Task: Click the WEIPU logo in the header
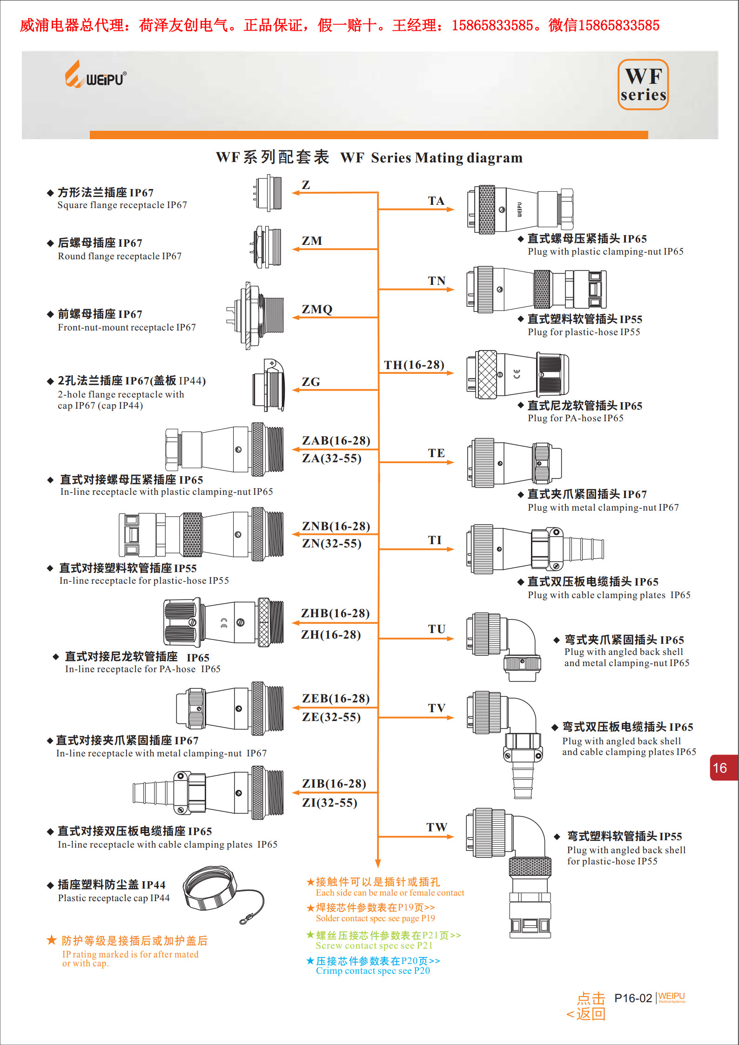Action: click(95, 75)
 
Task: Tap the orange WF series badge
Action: click(643, 85)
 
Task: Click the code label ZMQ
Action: click(317, 310)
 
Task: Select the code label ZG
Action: click(311, 382)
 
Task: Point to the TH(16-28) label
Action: click(414, 365)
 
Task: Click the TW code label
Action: click(437, 827)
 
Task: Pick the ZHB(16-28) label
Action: click(335, 614)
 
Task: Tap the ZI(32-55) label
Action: click(329, 803)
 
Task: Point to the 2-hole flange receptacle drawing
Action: click(269, 385)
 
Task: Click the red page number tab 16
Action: click(721, 768)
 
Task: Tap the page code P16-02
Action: click(633, 998)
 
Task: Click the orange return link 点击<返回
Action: click(587, 1006)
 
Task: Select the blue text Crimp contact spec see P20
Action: click(373, 971)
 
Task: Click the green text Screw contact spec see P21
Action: click(374, 945)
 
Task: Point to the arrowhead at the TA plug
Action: click(450, 209)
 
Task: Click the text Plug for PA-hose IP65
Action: click(575, 418)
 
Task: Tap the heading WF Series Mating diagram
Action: click(431, 158)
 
